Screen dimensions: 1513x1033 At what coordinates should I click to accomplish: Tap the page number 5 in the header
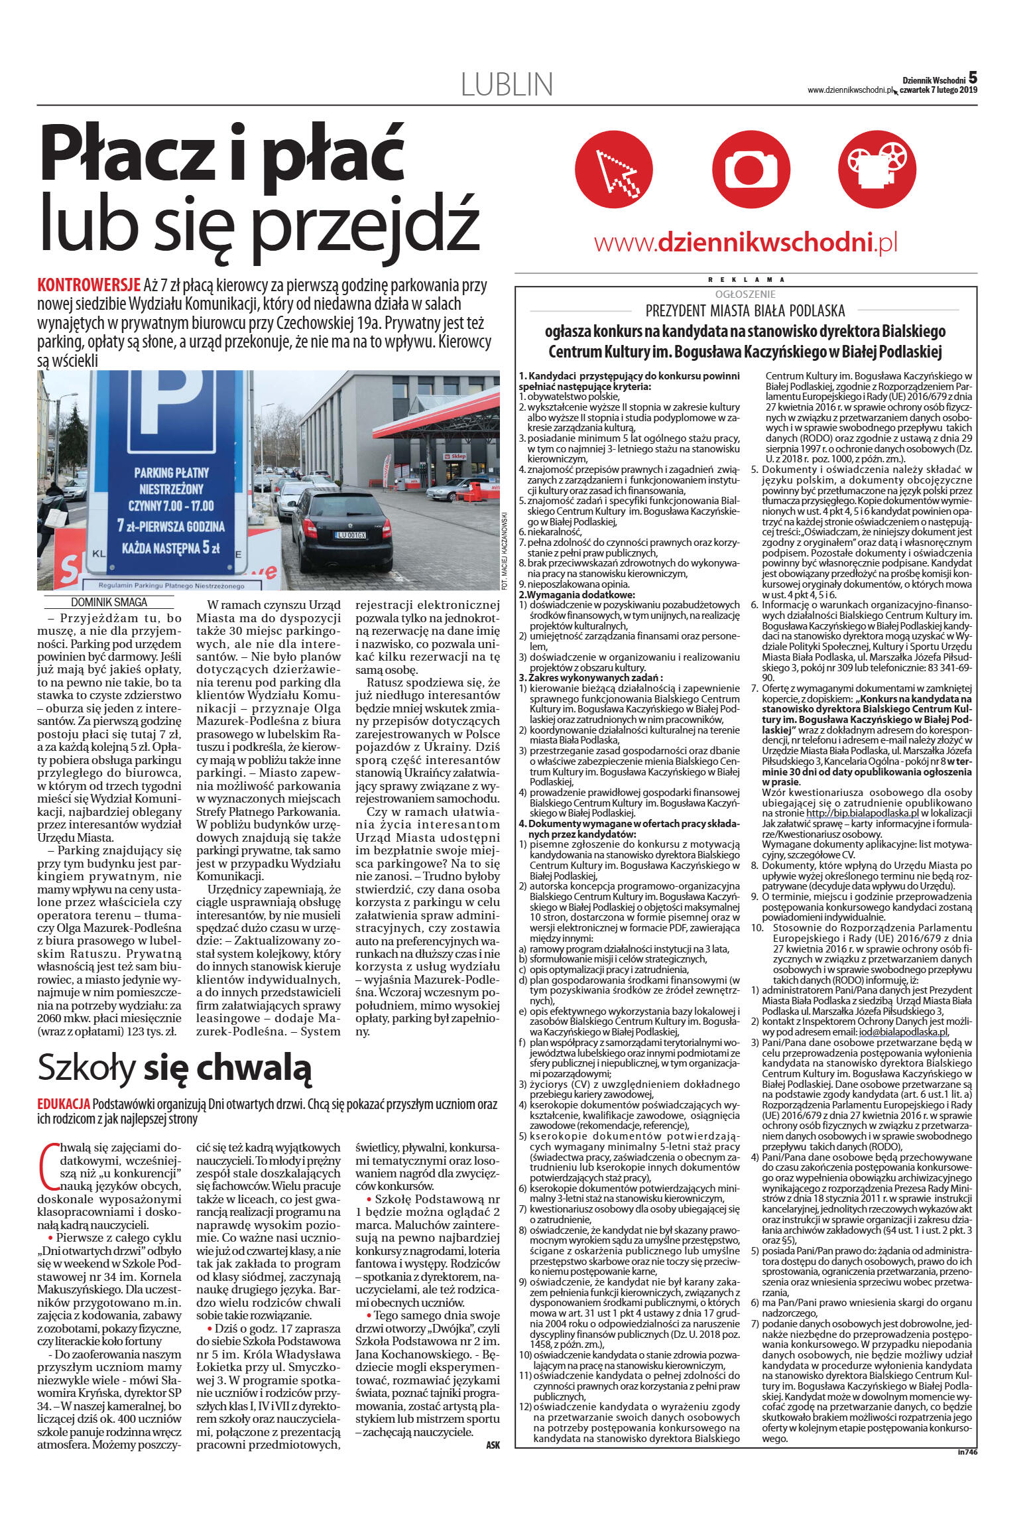point(973,78)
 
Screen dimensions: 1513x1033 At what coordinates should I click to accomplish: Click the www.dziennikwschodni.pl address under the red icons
point(745,243)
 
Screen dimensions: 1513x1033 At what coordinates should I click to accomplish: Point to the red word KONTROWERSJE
point(89,287)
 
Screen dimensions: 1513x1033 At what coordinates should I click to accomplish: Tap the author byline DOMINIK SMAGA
point(109,602)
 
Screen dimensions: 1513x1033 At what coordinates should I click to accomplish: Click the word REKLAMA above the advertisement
point(745,279)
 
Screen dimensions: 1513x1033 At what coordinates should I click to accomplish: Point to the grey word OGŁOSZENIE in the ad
point(745,294)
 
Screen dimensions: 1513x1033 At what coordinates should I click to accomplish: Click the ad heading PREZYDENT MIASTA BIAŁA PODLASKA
point(745,310)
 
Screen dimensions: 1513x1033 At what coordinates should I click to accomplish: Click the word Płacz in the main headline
point(133,151)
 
